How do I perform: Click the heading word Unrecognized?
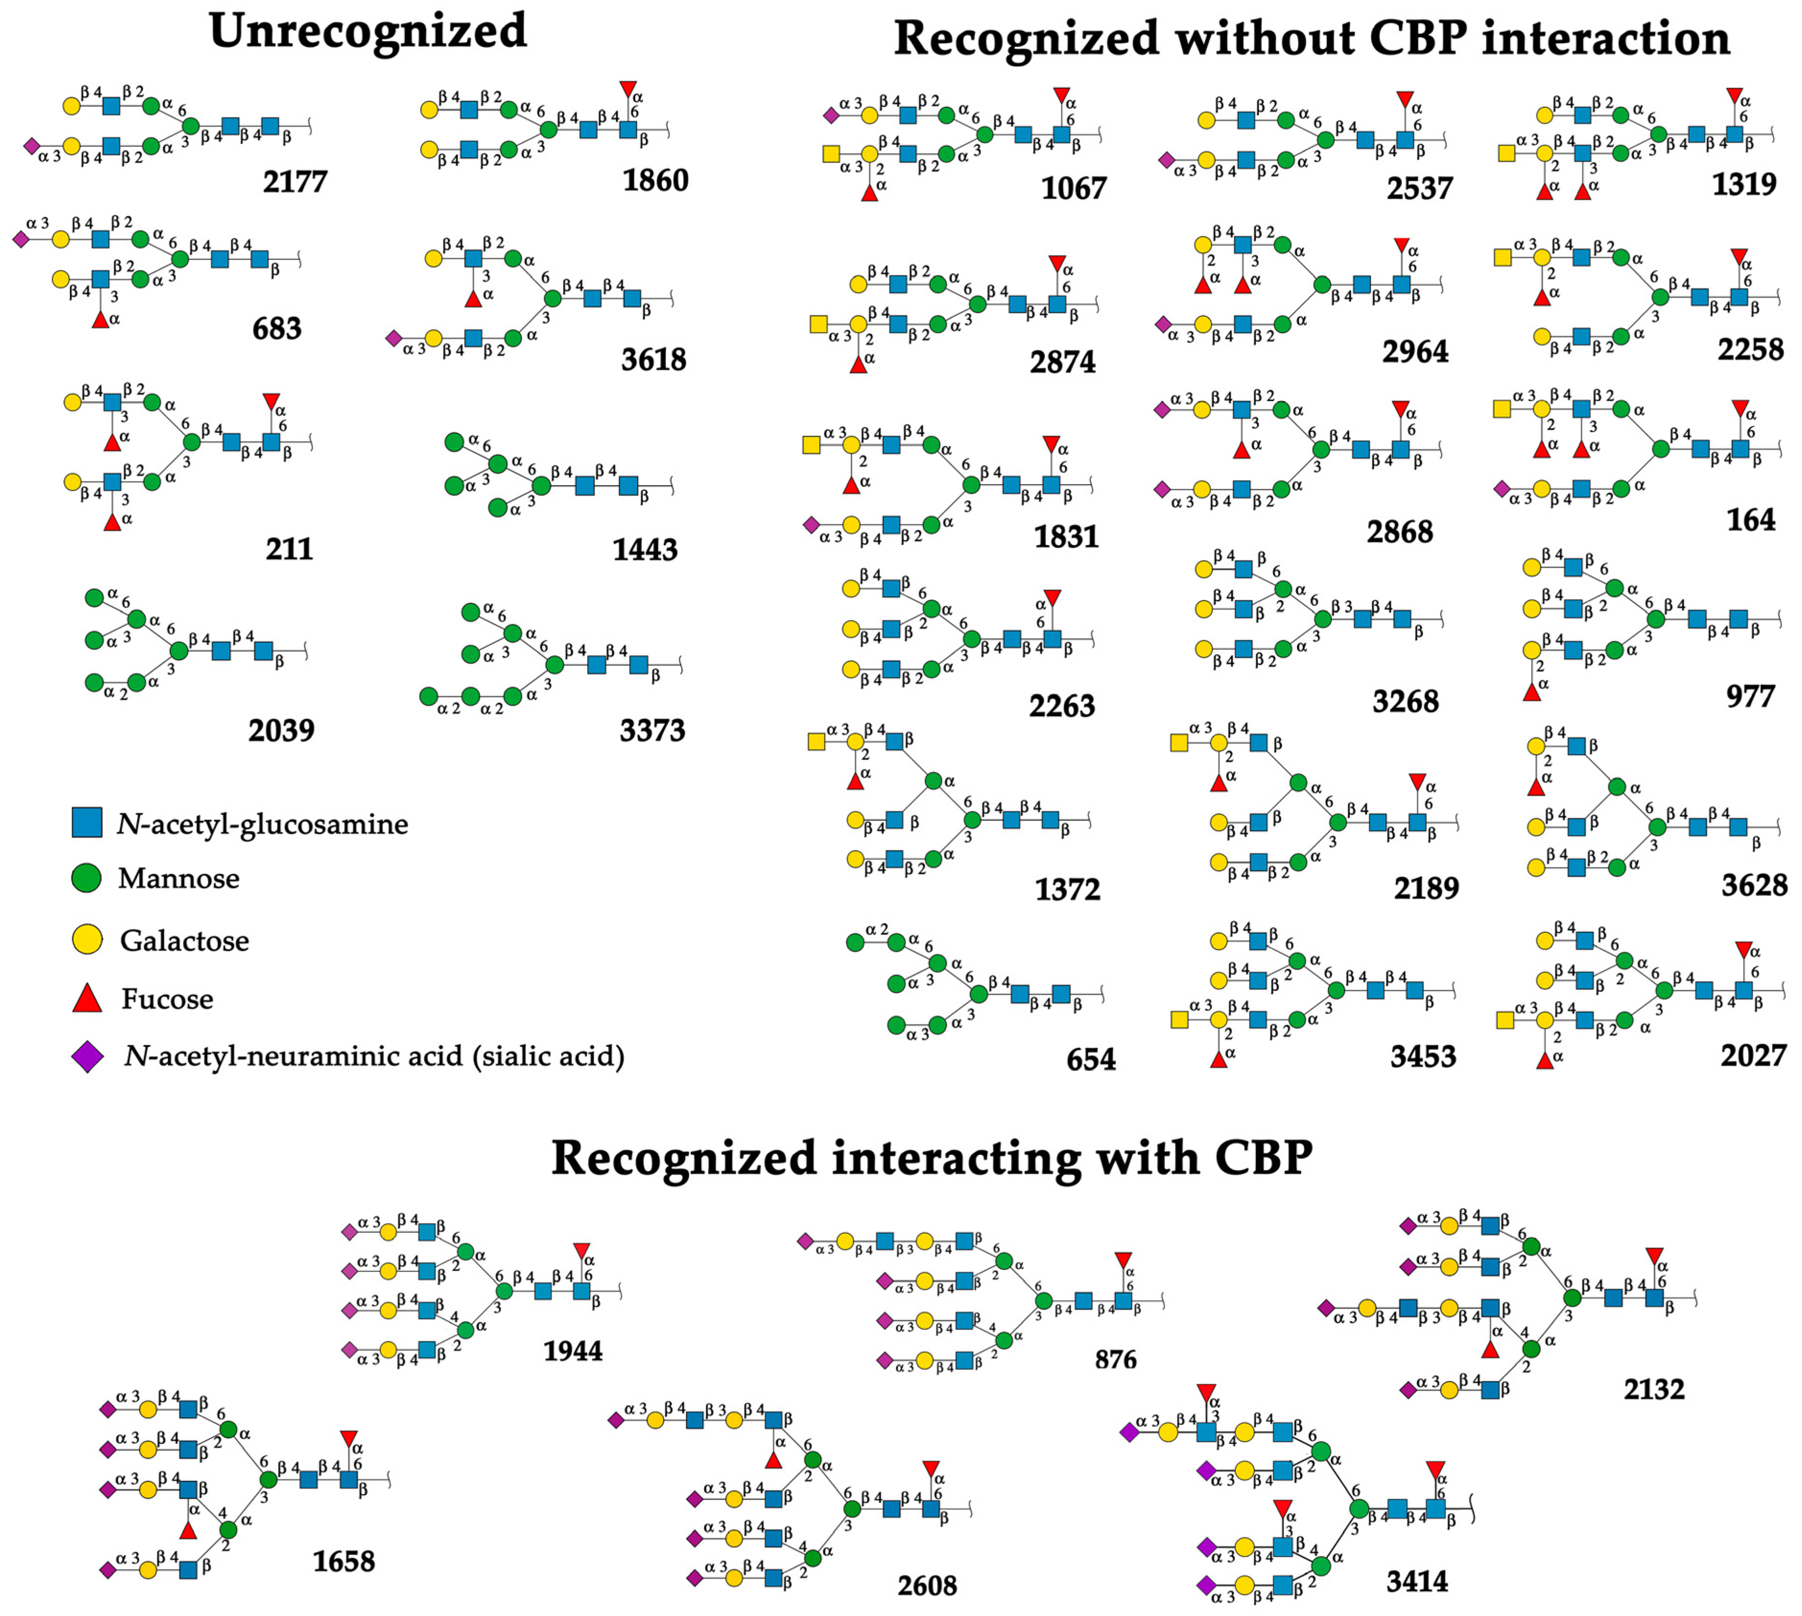[368, 32]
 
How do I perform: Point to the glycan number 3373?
[652, 731]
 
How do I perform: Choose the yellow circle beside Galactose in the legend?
[86, 939]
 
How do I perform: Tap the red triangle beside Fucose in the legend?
[87, 998]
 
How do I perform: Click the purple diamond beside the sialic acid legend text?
[87, 1057]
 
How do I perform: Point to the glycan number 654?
[1091, 1059]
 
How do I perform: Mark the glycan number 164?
[1751, 520]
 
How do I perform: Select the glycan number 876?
[1116, 1360]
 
